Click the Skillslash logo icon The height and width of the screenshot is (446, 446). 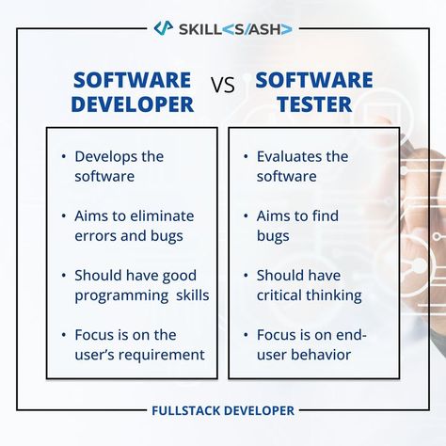tap(164, 28)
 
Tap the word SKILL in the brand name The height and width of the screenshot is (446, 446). tap(200, 29)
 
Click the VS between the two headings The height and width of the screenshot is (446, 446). tap(223, 85)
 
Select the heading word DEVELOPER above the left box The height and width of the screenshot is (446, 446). tap(133, 104)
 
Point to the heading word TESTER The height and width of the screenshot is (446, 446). tap(314, 104)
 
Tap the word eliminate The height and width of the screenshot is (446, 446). tap(162, 215)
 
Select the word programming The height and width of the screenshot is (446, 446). tap(121, 296)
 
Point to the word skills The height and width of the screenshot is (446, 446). tap(193, 295)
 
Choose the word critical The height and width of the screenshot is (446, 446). tap(279, 295)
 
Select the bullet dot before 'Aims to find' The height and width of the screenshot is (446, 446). tap(246, 215)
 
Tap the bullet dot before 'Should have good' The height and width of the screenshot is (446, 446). tap(64, 276)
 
